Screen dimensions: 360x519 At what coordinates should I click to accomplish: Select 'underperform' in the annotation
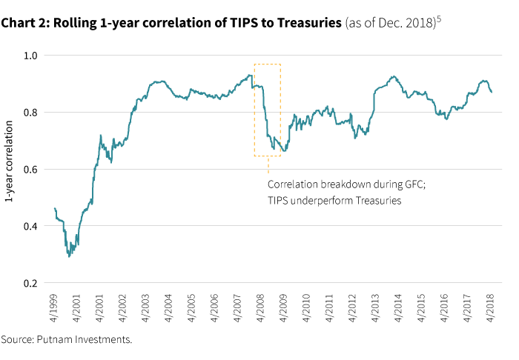pyautogui.click(x=322, y=200)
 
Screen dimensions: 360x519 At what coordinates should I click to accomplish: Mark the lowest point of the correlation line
pyautogui.click(x=69, y=256)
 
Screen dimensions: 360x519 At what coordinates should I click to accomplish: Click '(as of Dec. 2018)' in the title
pyautogui.click(x=390, y=24)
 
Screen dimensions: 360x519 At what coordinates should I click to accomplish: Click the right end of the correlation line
pyautogui.click(x=492, y=92)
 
